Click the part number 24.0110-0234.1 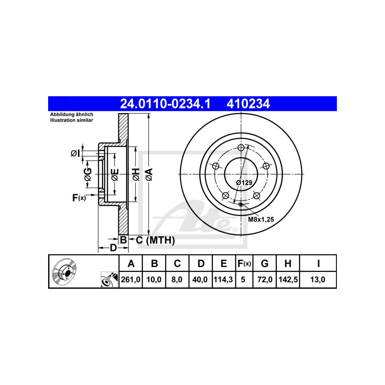(x=165, y=104)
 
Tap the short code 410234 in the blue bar (x=248, y=104)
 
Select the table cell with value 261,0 (x=130, y=280)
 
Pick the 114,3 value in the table (x=223, y=280)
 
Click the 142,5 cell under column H (x=288, y=280)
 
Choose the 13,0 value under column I (x=318, y=280)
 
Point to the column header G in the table (x=264, y=263)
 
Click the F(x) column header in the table (x=244, y=263)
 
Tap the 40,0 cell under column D (x=200, y=280)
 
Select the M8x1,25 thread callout (x=261, y=219)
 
